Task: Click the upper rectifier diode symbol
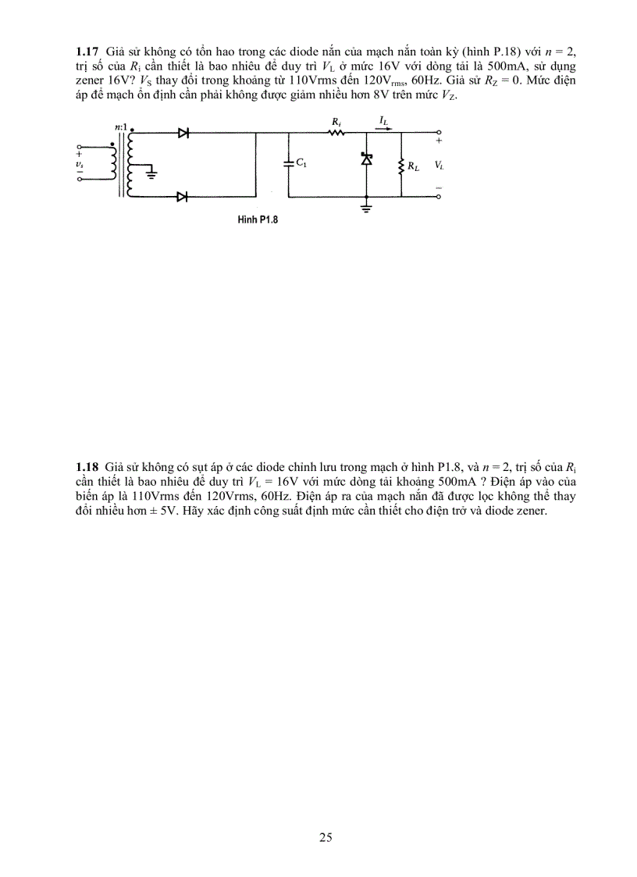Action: (183, 133)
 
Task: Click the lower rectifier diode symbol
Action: (183, 197)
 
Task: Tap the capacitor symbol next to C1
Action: (289, 164)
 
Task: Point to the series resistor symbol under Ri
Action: (336, 133)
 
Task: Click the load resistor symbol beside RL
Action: (400, 165)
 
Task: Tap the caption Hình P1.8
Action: (258, 220)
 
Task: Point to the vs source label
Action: (80, 164)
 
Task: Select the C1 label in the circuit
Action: (301, 164)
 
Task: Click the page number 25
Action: (326, 838)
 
